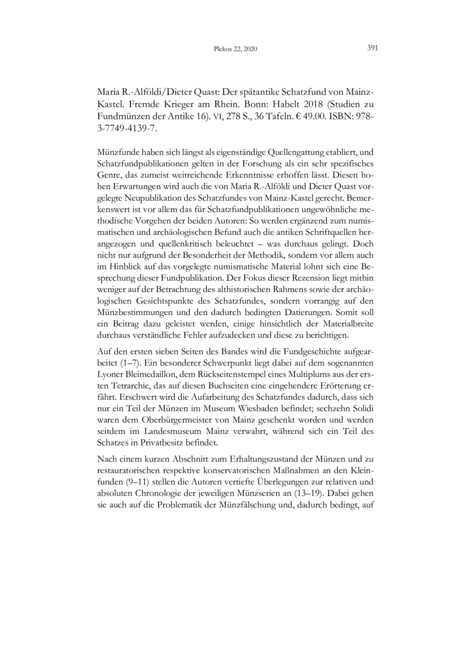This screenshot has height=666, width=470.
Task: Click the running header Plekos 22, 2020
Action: [235, 49]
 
